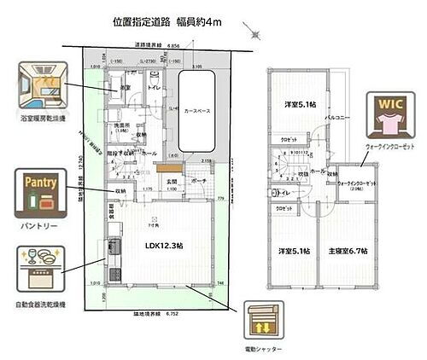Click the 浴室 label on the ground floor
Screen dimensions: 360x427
pos(125,88)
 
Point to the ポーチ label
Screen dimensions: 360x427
pos(199,181)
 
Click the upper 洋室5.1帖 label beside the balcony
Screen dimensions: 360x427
pos(299,105)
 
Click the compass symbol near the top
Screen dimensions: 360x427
pos(254,32)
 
